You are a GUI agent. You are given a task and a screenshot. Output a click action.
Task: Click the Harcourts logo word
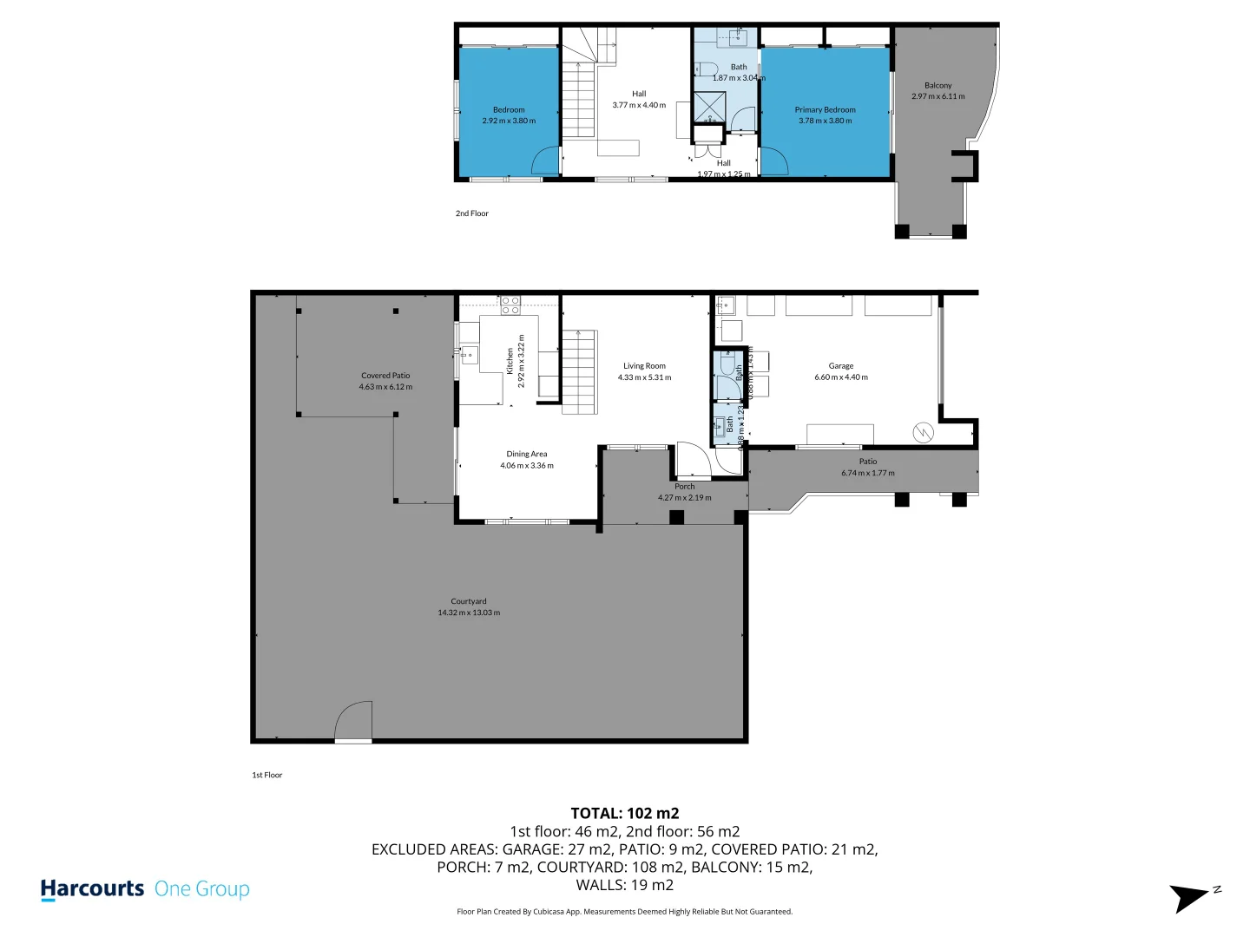[x=92, y=889]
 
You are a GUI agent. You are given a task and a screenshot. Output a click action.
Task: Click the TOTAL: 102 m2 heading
[x=624, y=813]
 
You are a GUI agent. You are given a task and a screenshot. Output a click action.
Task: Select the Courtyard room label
[x=469, y=601]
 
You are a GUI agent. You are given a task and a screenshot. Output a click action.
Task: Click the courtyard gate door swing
[x=355, y=722]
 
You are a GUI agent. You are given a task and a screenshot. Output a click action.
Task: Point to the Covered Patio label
[x=385, y=376]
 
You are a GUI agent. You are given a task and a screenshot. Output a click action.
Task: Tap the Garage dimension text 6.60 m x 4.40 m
[x=840, y=377]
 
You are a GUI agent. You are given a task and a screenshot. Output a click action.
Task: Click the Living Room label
[x=644, y=366]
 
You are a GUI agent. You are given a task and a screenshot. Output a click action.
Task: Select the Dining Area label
[x=527, y=454]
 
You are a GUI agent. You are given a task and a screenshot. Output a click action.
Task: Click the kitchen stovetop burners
[x=510, y=305]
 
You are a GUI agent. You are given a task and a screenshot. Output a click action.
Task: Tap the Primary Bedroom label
[x=825, y=110]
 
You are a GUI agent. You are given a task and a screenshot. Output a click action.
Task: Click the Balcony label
[x=937, y=85]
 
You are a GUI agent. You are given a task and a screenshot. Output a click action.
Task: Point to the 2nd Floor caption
[x=472, y=213]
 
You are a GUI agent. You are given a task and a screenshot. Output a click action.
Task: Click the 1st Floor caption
[x=267, y=775]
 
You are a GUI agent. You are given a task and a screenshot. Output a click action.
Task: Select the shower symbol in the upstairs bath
[x=709, y=106]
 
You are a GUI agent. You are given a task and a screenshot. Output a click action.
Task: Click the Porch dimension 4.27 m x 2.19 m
[x=684, y=498]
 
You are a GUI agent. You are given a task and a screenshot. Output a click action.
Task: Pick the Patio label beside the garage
[x=867, y=462]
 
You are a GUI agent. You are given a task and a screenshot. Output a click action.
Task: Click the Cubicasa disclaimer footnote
[x=624, y=912]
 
